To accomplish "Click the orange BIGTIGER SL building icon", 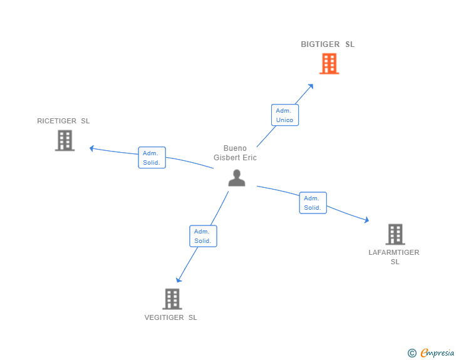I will (x=329, y=64).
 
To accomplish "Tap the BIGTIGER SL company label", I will (x=327, y=44).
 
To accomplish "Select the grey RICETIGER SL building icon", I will (x=65, y=140).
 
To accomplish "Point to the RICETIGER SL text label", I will (x=63, y=121).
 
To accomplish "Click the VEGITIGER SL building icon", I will (x=172, y=299).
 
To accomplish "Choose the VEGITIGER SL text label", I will (x=170, y=317).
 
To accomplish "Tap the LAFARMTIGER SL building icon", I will (x=395, y=234).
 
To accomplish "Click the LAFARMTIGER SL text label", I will (x=394, y=257).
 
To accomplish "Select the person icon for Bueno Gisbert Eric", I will (x=236, y=178).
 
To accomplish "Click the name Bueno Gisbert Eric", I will (x=235, y=153).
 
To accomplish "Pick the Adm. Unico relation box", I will (x=284, y=115).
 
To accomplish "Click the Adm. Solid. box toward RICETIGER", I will (x=152, y=158).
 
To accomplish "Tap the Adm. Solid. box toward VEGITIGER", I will (x=203, y=236).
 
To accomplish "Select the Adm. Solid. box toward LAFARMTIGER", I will (x=313, y=203).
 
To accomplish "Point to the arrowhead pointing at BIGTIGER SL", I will (x=311, y=85).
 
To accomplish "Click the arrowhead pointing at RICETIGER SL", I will (x=92, y=148).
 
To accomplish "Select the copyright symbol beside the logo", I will (x=412, y=353).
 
